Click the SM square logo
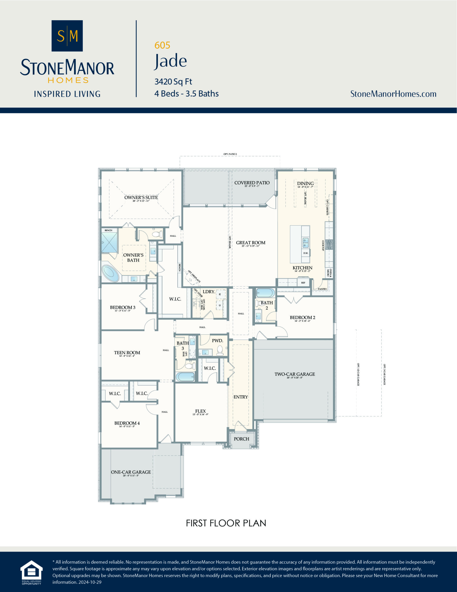[67, 36]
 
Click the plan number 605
[162, 45]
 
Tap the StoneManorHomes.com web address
[393, 94]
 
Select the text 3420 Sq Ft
[173, 81]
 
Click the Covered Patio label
[252, 183]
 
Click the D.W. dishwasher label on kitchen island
[306, 253]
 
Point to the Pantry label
[322, 289]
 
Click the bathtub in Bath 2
[265, 293]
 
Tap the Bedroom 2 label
[302, 318]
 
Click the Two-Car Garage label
[295, 374]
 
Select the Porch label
[241, 439]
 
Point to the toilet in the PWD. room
[220, 351]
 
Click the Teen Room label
[127, 353]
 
